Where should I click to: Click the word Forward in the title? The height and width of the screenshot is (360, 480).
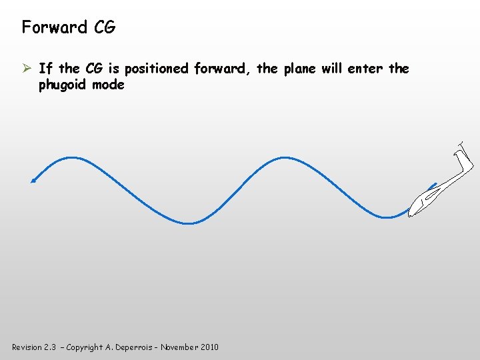coord(55,27)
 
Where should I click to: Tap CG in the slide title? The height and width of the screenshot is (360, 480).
coord(104,27)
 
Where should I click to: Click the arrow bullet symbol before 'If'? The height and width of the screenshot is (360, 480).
coord(27,69)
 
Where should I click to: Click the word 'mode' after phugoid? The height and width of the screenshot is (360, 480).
coord(108,85)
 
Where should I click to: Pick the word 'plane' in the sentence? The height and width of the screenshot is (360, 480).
coord(289,69)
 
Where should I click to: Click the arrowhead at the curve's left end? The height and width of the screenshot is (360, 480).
coord(33,179)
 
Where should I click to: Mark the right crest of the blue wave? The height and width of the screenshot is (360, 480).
coord(285,158)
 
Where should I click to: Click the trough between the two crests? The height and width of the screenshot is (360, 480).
coord(189,223)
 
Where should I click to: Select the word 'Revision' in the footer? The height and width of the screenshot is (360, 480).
coord(27,347)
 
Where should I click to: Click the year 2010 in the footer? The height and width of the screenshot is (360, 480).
coord(208,347)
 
